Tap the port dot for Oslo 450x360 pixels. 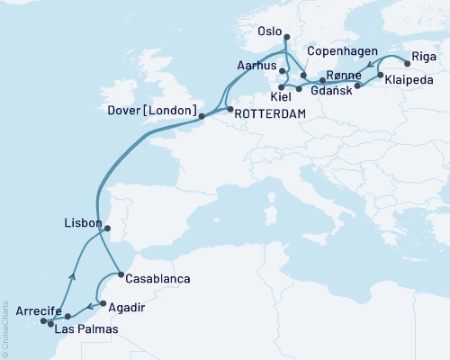287,38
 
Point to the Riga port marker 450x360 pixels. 407,64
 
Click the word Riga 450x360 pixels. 424,57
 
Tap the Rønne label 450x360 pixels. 346,74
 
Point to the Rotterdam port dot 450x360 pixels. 229,110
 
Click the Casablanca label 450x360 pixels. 158,279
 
